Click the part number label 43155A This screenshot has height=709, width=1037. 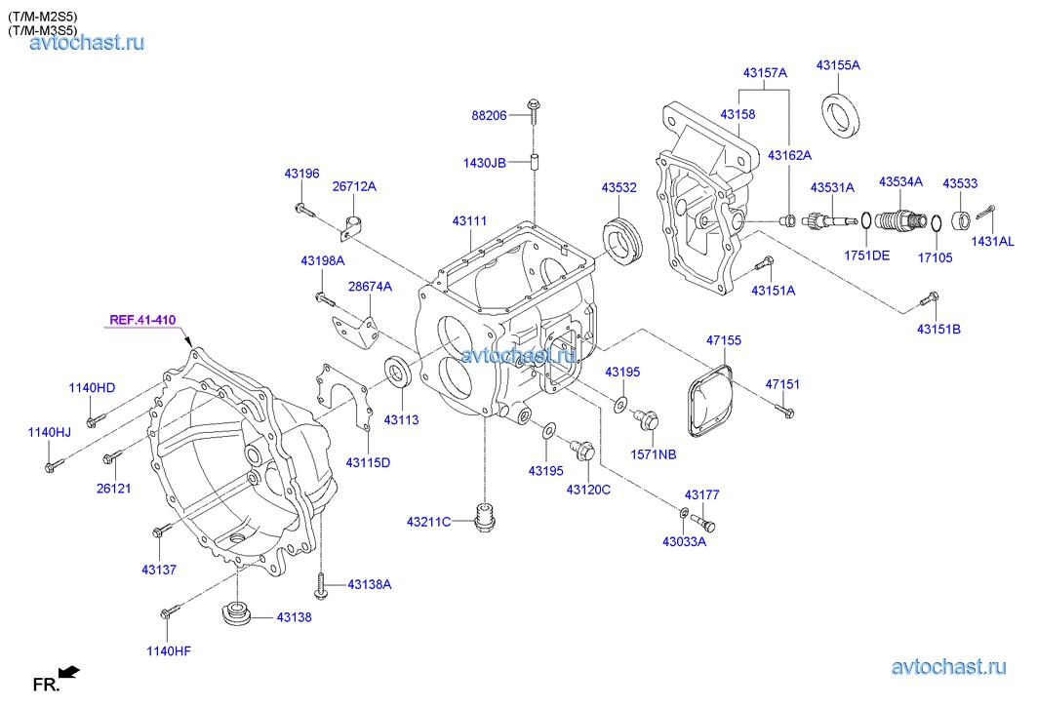(x=838, y=65)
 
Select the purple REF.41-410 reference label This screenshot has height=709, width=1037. (x=142, y=319)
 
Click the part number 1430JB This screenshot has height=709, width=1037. (x=484, y=163)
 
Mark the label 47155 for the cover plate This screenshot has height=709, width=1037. (x=724, y=340)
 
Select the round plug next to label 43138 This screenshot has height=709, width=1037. (x=236, y=615)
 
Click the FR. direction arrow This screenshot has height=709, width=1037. (x=68, y=671)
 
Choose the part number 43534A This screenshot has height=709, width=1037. (x=901, y=181)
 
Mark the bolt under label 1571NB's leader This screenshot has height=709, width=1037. (x=646, y=420)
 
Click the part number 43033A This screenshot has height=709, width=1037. (x=684, y=541)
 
